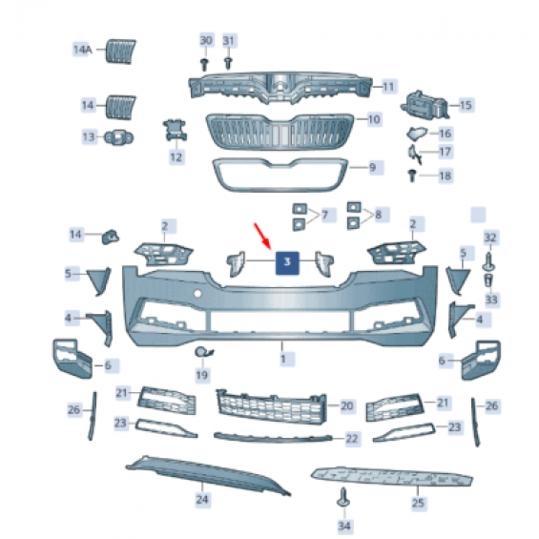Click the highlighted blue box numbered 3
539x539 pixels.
(x=287, y=262)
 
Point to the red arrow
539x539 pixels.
(x=262, y=237)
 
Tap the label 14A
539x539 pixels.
(x=82, y=50)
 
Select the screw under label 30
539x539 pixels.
(x=204, y=65)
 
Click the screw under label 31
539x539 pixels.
(x=228, y=63)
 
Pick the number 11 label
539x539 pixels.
(x=388, y=86)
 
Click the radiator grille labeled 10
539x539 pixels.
(x=280, y=132)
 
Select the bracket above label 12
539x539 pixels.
(x=175, y=131)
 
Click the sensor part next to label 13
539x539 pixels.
(x=118, y=137)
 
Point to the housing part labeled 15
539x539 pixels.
(x=425, y=105)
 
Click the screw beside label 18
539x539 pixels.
(x=412, y=176)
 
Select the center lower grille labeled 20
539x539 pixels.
(x=272, y=406)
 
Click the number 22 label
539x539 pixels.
(x=352, y=439)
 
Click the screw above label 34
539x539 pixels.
(x=343, y=497)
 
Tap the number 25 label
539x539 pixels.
(x=418, y=503)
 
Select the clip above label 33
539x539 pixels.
(x=488, y=280)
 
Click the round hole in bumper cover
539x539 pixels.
(x=197, y=294)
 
